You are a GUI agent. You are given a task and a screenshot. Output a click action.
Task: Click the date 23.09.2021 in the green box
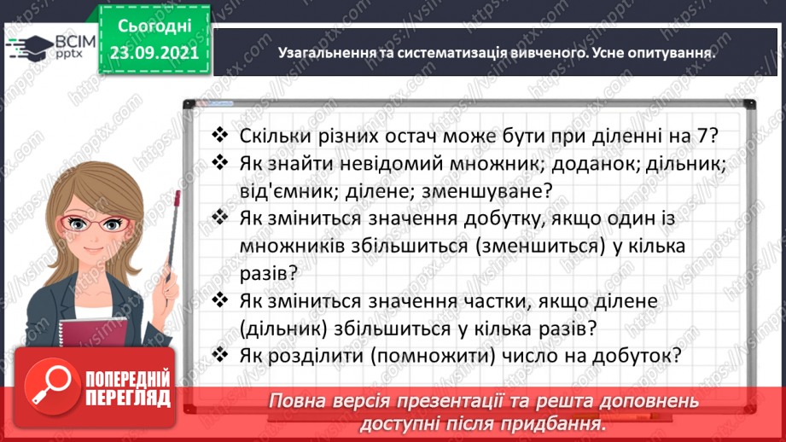point(154,51)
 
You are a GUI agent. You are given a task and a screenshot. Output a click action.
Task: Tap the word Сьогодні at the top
point(154,25)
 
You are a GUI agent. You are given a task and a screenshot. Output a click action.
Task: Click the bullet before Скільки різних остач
point(221,135)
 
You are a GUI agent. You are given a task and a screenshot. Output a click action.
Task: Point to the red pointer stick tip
point(176,199)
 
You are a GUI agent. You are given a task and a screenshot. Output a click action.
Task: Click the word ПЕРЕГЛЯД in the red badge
point(127,397)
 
